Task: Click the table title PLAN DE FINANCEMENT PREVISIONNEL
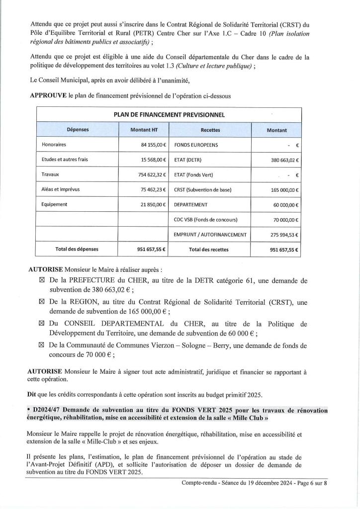(x=169, y=115)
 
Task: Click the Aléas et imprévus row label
(x=58, y=189)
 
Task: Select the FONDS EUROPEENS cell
(x=196, y=145)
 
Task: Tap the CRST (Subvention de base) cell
(x=203, y=190)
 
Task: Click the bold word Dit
(x=32, y=394)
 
